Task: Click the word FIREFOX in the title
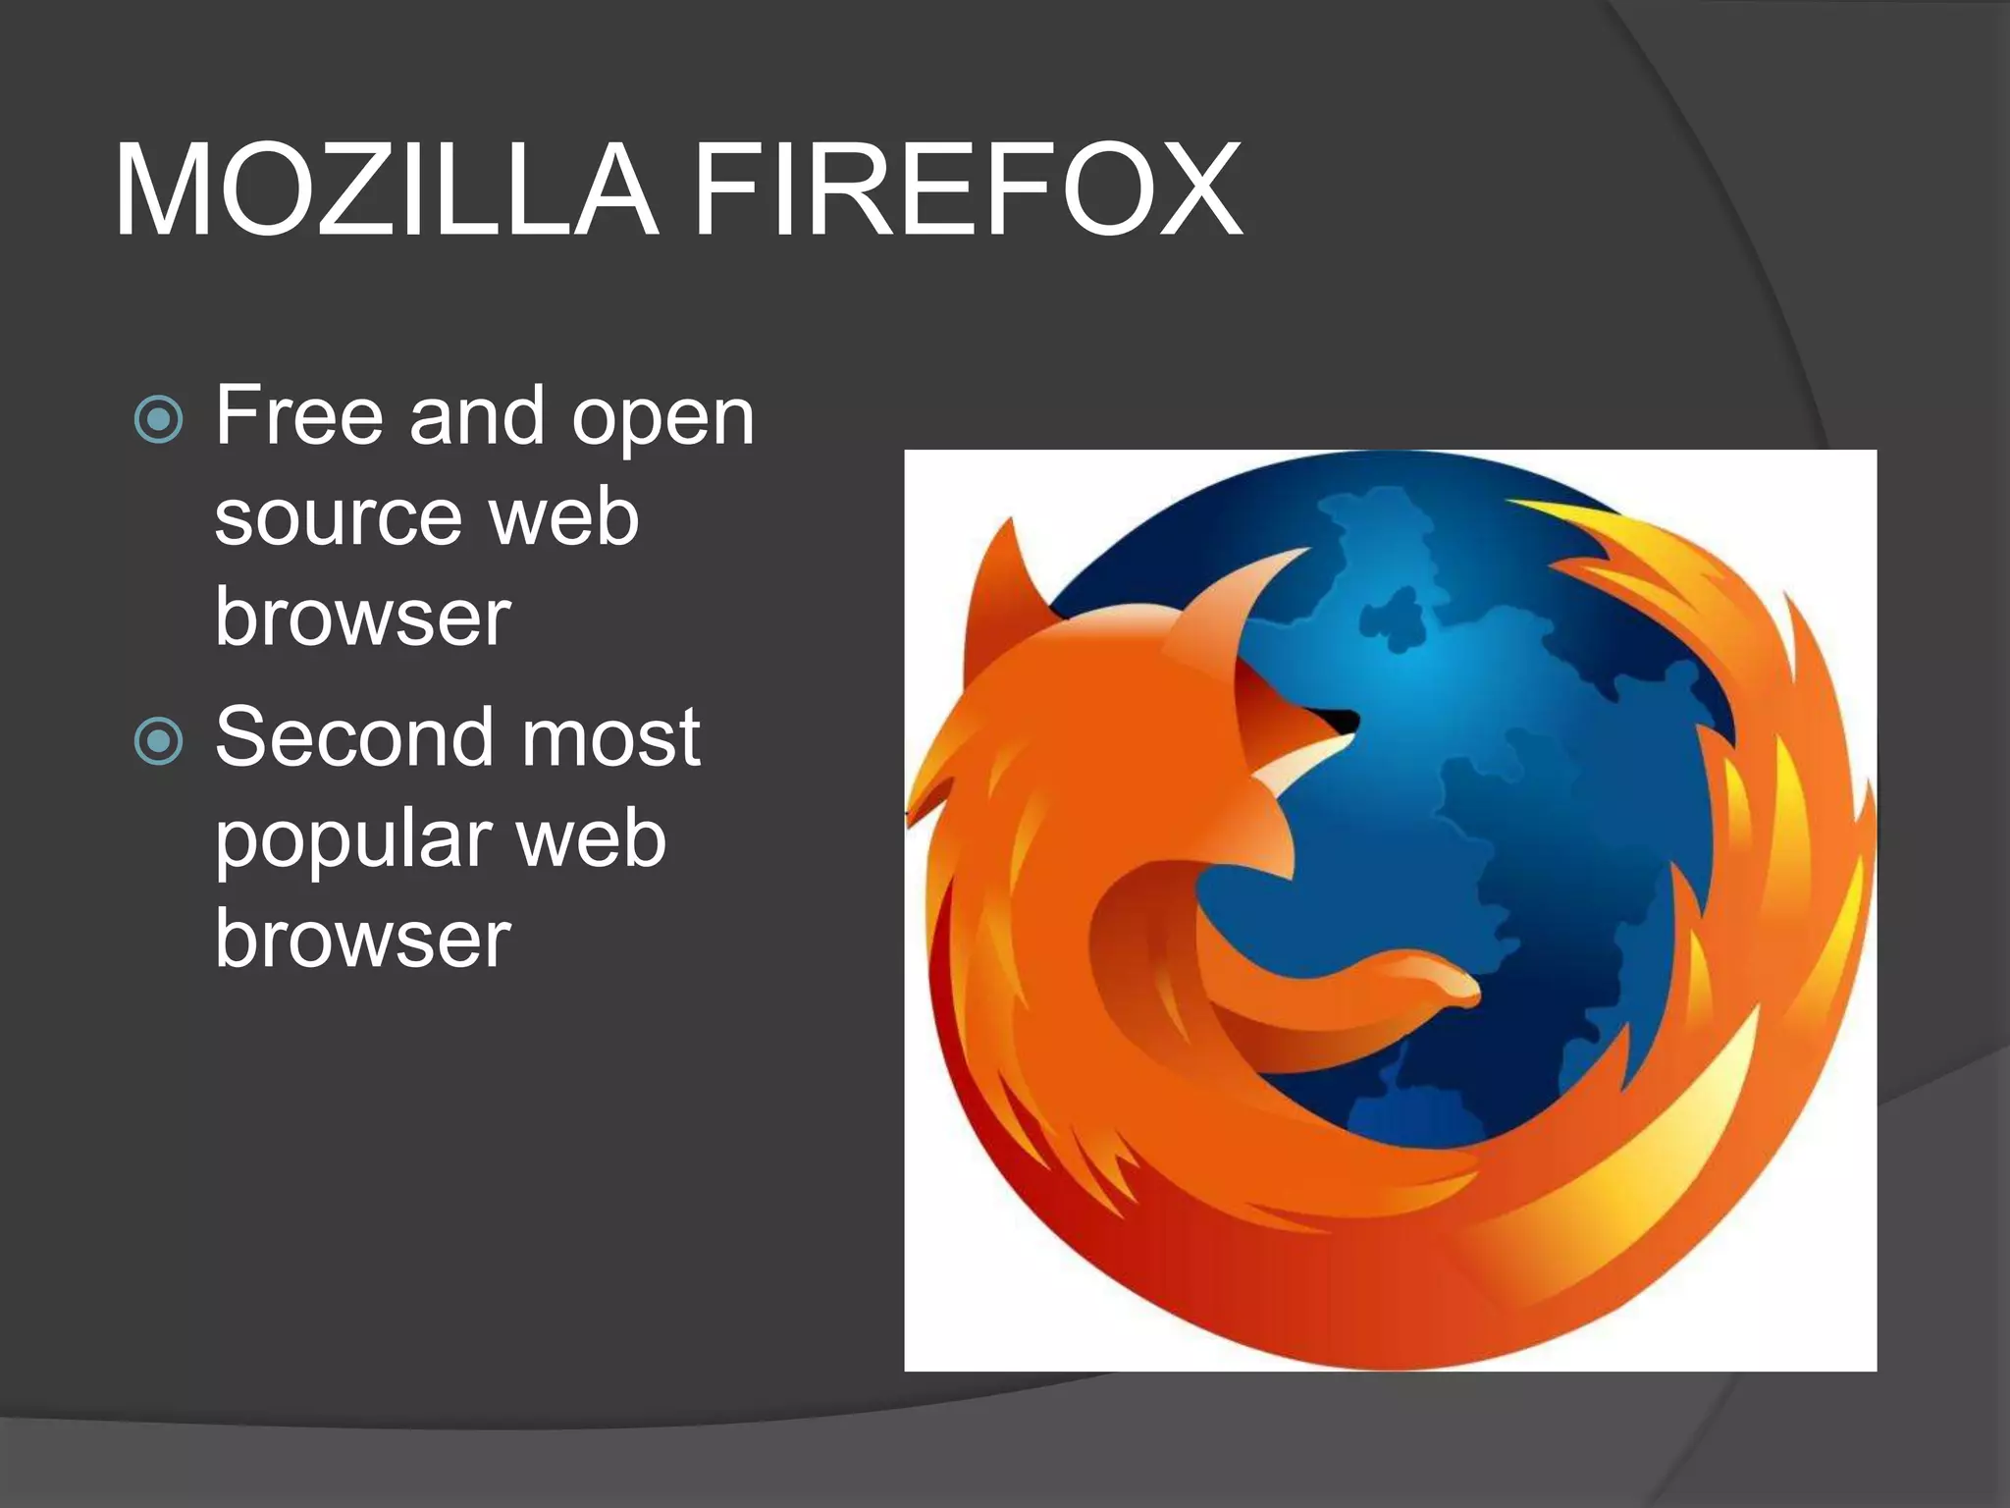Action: (x=968, y=190)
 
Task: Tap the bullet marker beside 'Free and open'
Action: (x=158, y=420)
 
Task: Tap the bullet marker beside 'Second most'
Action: (x=158, y=741)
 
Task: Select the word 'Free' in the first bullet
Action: (x=298, y=416)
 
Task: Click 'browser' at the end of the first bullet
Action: (x=363, y=619)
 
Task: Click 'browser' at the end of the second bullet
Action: (x=363, y=939)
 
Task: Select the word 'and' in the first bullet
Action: (x=476, y=416)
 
